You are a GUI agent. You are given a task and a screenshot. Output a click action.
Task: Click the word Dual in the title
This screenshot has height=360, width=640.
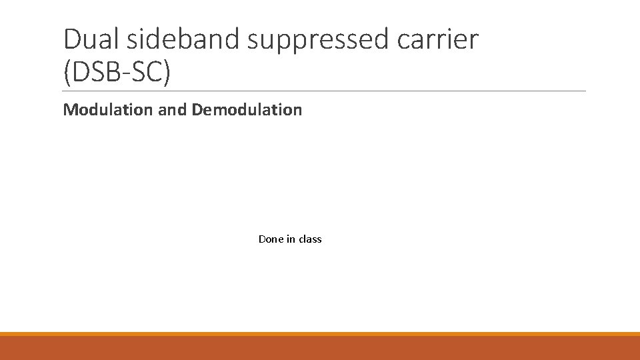pos(91,40)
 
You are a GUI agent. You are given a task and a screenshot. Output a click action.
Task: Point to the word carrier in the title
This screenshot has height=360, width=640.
pos(441,40)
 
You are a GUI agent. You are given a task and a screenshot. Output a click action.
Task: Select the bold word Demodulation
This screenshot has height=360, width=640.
pos(247,109)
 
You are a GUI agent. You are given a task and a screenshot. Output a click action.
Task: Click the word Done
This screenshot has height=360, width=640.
pos(271,239)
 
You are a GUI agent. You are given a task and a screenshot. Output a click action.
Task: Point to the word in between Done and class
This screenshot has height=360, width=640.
pos(290,239)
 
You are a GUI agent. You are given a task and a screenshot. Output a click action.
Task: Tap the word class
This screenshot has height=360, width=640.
pos(310,239)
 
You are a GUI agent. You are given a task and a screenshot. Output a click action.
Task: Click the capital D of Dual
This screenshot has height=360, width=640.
pos(71,40)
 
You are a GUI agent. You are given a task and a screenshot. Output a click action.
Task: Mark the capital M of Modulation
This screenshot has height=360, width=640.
pos(69,109)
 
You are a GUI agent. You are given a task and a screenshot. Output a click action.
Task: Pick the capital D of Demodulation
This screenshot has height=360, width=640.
pos(197,109)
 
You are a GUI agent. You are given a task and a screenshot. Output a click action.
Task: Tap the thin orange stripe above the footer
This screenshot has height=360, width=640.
pos(320,333)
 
